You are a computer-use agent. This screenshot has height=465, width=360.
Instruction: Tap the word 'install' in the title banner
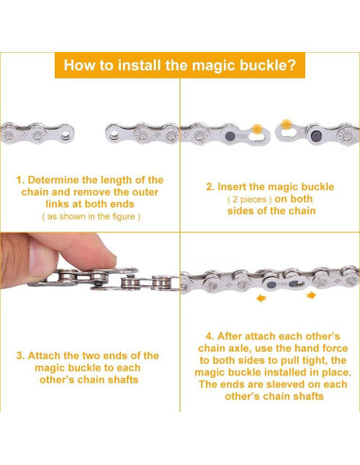(140, 65)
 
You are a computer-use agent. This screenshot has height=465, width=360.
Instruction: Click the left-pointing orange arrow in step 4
(261, 298)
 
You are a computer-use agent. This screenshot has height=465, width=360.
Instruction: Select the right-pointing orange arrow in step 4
(311, 295)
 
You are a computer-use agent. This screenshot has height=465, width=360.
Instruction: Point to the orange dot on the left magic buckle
(257, 129)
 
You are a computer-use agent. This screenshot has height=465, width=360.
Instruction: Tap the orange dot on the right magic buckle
(286, 124)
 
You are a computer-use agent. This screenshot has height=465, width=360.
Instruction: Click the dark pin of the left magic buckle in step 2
(231, 136)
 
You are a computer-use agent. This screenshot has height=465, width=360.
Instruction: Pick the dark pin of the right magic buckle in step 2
(316, 136)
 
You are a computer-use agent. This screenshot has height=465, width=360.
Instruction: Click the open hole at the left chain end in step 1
(65, 135)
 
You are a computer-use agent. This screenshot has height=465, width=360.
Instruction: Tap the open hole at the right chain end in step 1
(112, 135)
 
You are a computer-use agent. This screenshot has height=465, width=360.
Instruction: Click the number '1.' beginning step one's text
(21, 181)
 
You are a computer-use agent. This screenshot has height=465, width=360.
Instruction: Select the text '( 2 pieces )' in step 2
(249, 199)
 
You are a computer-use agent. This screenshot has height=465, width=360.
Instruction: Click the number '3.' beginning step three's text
(21, 356)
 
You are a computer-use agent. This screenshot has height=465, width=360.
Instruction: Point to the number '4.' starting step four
(210, 336)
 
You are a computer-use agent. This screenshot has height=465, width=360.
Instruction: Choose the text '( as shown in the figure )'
(91, 216)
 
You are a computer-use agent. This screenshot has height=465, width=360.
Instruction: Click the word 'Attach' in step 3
(44, 356)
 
